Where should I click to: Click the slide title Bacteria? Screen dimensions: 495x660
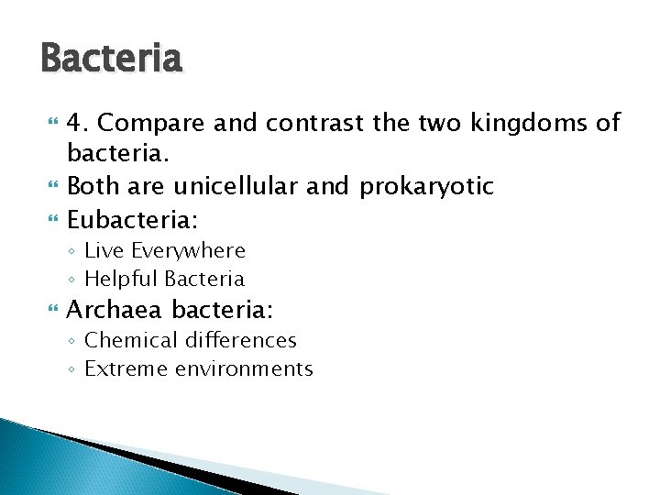[x=112, y=60]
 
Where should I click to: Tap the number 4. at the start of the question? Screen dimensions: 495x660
[x=80, y=123]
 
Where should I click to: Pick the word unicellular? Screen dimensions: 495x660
[x=249, y=187]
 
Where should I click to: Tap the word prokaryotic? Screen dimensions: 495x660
[x=426, y=187]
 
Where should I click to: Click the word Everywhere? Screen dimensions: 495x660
[x=188, y=250]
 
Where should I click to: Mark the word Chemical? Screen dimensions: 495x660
[x=131, y=341]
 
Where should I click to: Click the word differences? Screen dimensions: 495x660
[x=240, y=341]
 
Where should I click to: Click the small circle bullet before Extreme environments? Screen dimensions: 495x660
[x=71, y=370]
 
